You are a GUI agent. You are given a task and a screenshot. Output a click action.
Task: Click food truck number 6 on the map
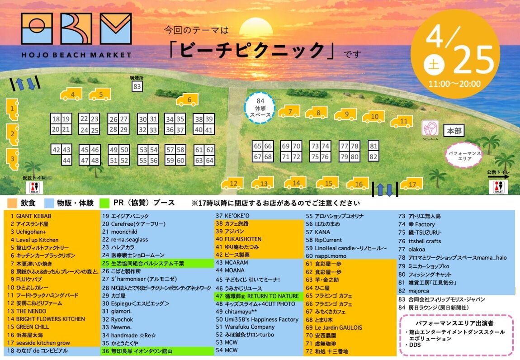click(187, 99)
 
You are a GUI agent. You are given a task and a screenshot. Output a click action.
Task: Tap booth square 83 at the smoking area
click(137, 86)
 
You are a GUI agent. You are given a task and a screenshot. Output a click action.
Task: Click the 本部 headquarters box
click(454, 131)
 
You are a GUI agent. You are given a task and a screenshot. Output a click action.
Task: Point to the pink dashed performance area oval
click(464, 154)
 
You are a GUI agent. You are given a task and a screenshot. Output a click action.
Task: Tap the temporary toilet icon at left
click(35, 187)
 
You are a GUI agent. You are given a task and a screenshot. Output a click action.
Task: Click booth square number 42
click(56, 150)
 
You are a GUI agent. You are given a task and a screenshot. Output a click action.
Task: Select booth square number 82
click(373, 156)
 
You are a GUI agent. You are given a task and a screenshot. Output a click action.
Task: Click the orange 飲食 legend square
click(12, 203)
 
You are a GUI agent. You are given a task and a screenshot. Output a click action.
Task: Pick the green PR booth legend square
click(105, 203)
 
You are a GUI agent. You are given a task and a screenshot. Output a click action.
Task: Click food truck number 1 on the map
click(12, 108)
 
